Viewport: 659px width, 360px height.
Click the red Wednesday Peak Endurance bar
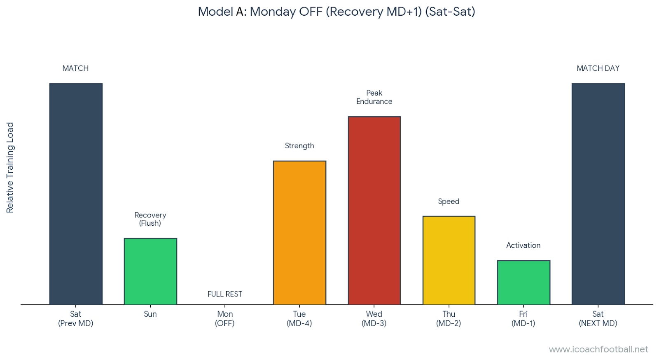click(374, 210)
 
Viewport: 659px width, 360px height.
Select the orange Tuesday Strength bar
click(299, 233)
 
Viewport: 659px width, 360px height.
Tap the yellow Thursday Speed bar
click(449, 260)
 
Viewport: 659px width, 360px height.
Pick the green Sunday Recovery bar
click(150, 271)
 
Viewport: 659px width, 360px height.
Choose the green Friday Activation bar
click(523, 283)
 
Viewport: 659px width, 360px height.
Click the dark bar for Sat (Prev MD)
click(76, 194)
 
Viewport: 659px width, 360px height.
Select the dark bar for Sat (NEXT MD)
click(598, 194)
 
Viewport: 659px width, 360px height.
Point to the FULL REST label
click(224, 294)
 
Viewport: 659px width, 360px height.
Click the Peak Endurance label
click(374, 97)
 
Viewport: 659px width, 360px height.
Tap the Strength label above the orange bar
click(299, 146)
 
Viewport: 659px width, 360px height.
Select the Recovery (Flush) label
click(150, 219)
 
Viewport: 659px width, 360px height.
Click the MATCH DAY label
click(598, 68)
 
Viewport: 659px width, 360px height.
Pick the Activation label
click(523, 245)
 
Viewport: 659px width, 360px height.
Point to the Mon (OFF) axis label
click(224, 318)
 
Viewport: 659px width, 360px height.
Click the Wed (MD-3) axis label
click(374, 318)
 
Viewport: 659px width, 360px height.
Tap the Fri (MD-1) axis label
click(523, 318)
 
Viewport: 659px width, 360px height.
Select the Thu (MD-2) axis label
click(449, 318)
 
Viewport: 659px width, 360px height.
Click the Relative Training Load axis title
click(10, 168)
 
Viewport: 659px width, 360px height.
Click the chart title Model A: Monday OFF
click(337, 12)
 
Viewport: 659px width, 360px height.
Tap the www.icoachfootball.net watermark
click(598, 349)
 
